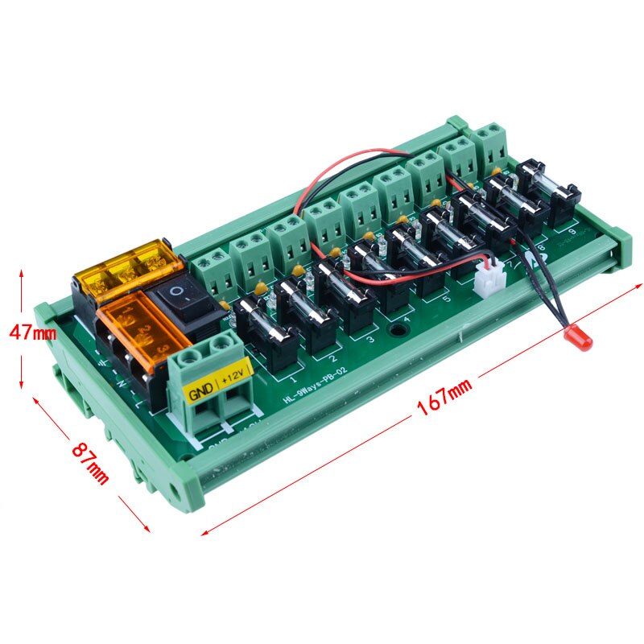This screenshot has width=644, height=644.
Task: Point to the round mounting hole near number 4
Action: [397, 331]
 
